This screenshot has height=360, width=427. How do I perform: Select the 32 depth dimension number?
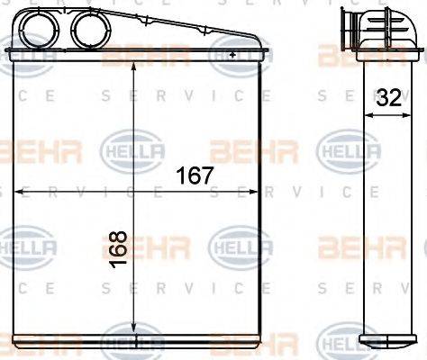coord(389,100)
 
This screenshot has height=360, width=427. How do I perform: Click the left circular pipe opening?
coord(42,27)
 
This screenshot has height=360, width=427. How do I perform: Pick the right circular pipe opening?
coord(88,27)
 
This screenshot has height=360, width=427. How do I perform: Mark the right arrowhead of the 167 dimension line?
coord(258,191)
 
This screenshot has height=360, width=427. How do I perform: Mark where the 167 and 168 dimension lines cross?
coord(134,191)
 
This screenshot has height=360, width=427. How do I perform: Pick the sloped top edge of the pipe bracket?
coord(180,27)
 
